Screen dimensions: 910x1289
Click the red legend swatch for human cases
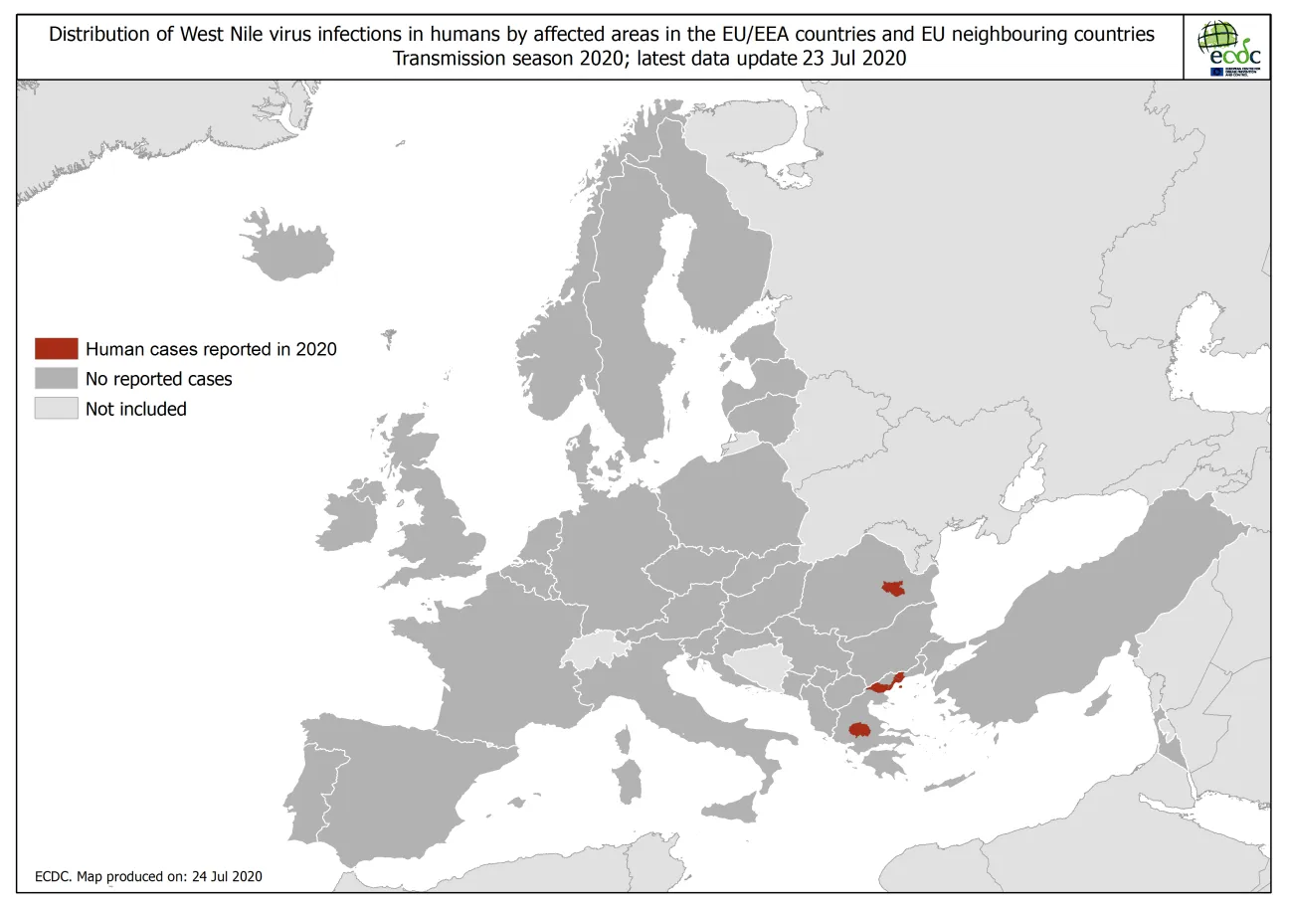(56, 348)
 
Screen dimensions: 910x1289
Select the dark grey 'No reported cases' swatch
(56, 378)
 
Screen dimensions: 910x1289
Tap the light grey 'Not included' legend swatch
(56, 408)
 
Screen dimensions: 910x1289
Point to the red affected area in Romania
(892, 589)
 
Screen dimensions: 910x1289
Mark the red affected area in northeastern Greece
(884, 685)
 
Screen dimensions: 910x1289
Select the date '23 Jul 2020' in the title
(852, 58)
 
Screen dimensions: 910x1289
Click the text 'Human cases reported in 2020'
(211, 349)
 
